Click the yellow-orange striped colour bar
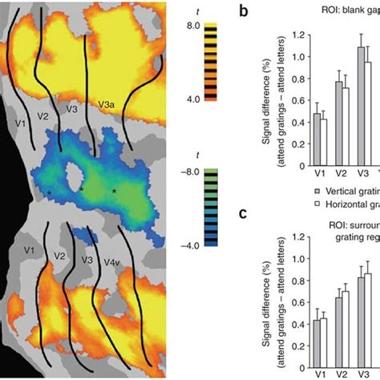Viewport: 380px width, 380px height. [211, 61]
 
